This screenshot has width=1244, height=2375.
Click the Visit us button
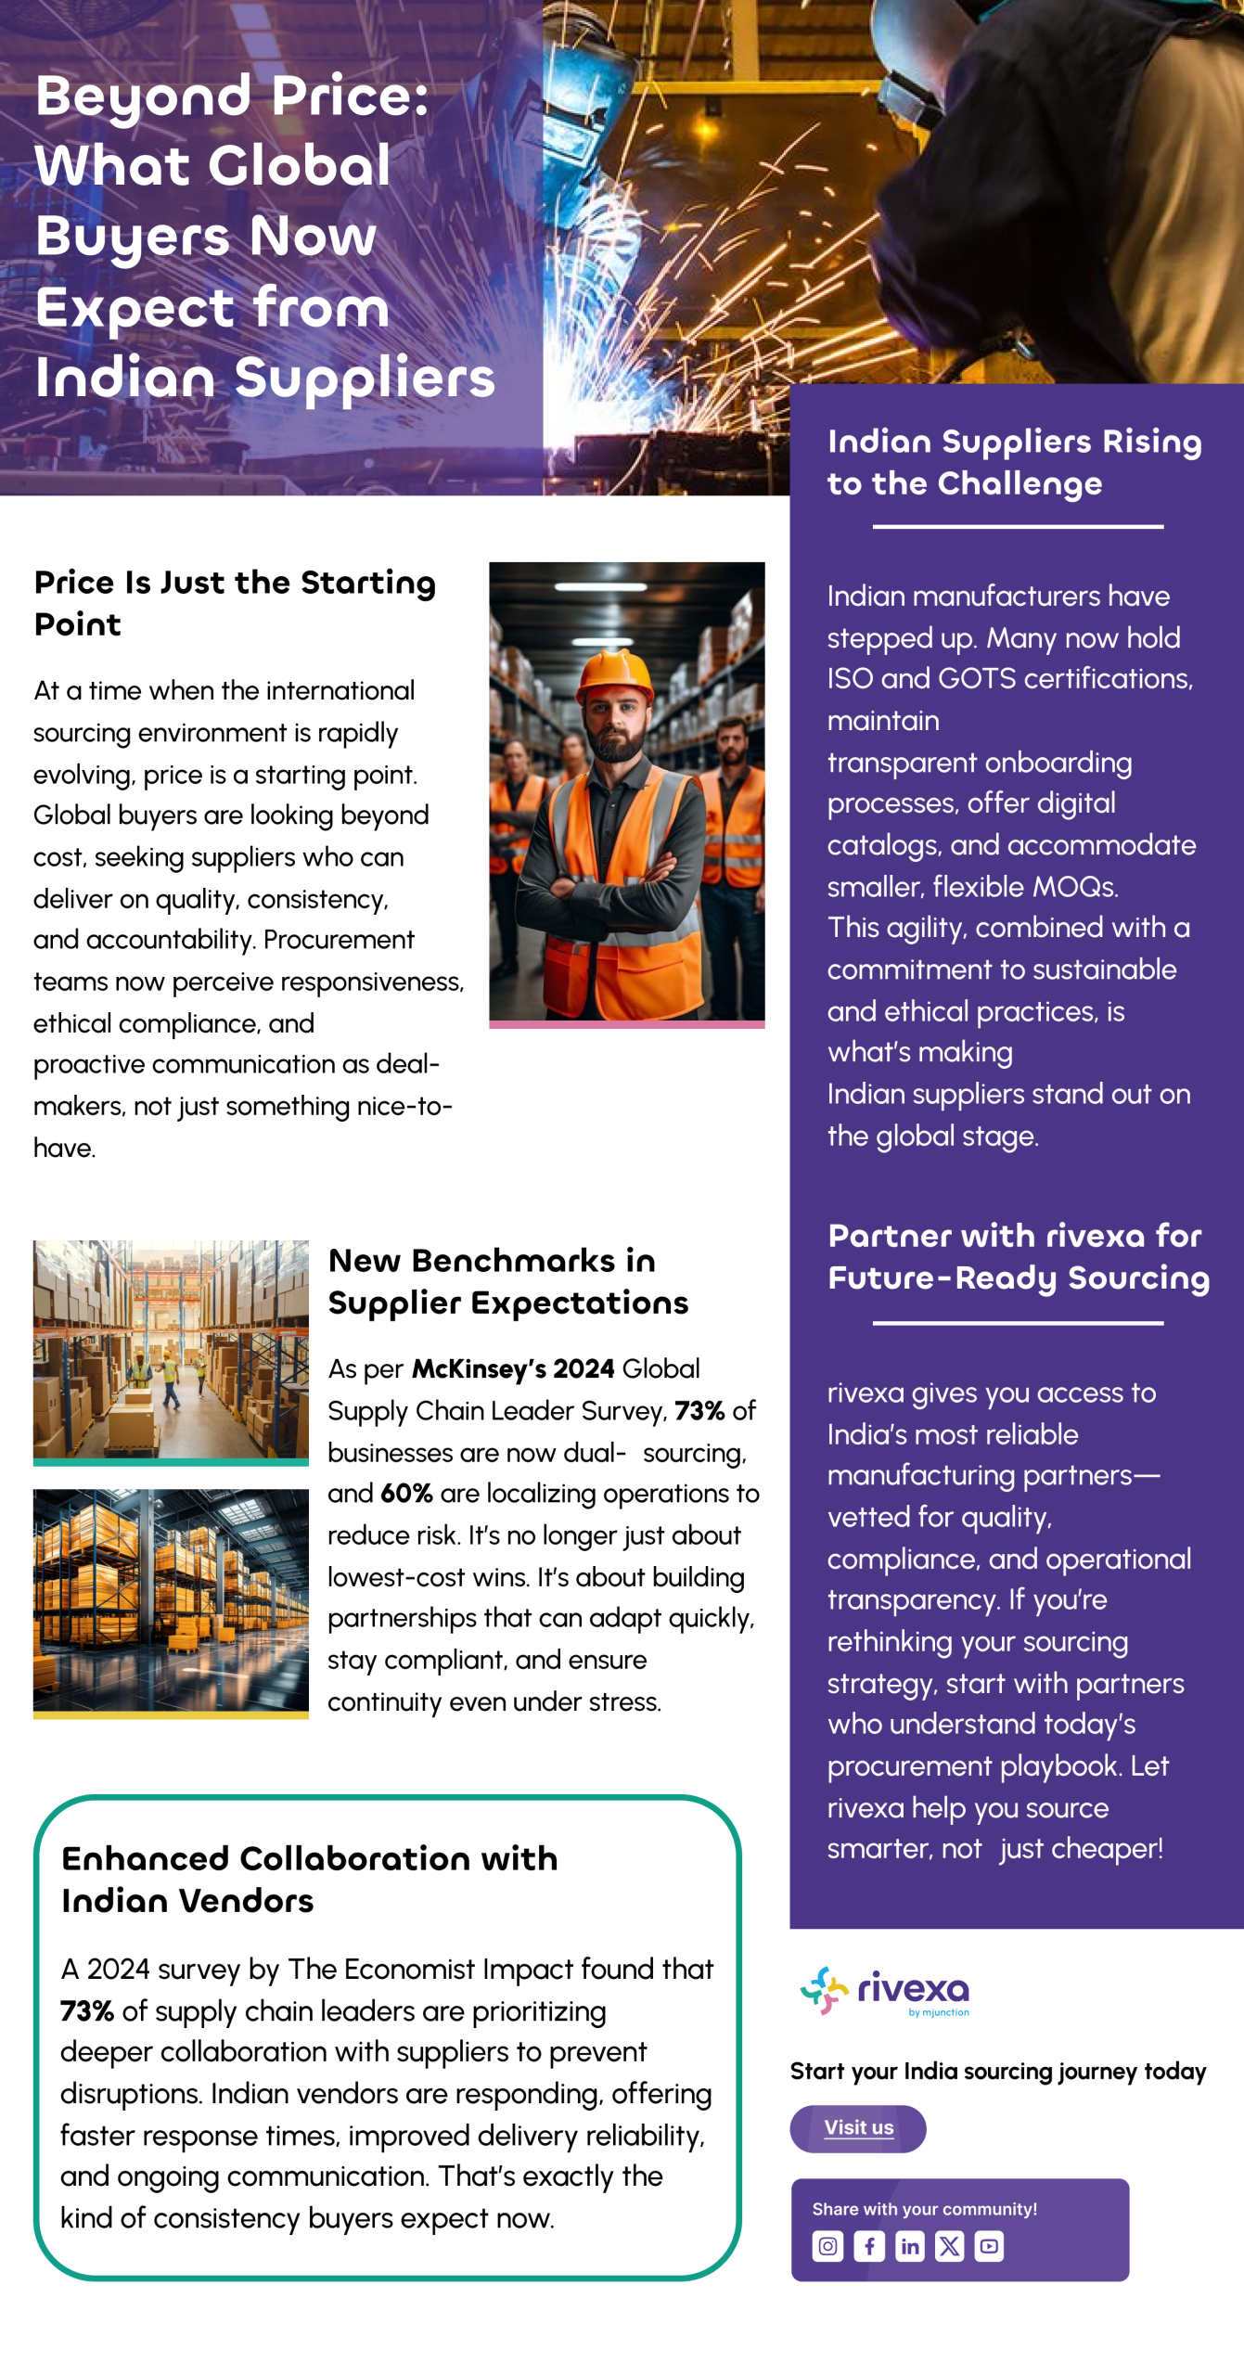pos(858,2127)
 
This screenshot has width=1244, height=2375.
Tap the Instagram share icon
pos(827,2246)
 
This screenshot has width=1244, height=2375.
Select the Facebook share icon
pos(869,2246)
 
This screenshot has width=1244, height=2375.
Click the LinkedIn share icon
pos(910,2246)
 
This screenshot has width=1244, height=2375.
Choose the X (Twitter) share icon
pos(950,2246)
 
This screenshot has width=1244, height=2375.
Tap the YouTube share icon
pos(989,2246)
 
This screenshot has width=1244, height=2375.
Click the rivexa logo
pos(885,1991)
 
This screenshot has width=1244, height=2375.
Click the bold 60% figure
pos(406,1493)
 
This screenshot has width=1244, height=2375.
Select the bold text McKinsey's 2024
pos(513,1368)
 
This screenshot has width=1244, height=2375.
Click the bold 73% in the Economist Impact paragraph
pos(87,2010)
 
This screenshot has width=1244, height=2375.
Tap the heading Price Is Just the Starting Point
pos(235,603)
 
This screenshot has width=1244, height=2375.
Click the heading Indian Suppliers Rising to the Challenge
pos(1014,462)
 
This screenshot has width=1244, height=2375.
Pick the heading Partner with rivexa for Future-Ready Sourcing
pos(1018,1256)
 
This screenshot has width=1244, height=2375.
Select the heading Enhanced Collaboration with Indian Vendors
pos(309,1879)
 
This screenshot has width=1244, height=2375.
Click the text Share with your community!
pos(924,2209)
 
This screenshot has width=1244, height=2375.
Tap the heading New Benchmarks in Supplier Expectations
pos(507,1281)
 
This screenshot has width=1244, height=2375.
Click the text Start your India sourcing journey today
pos(997,2072)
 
